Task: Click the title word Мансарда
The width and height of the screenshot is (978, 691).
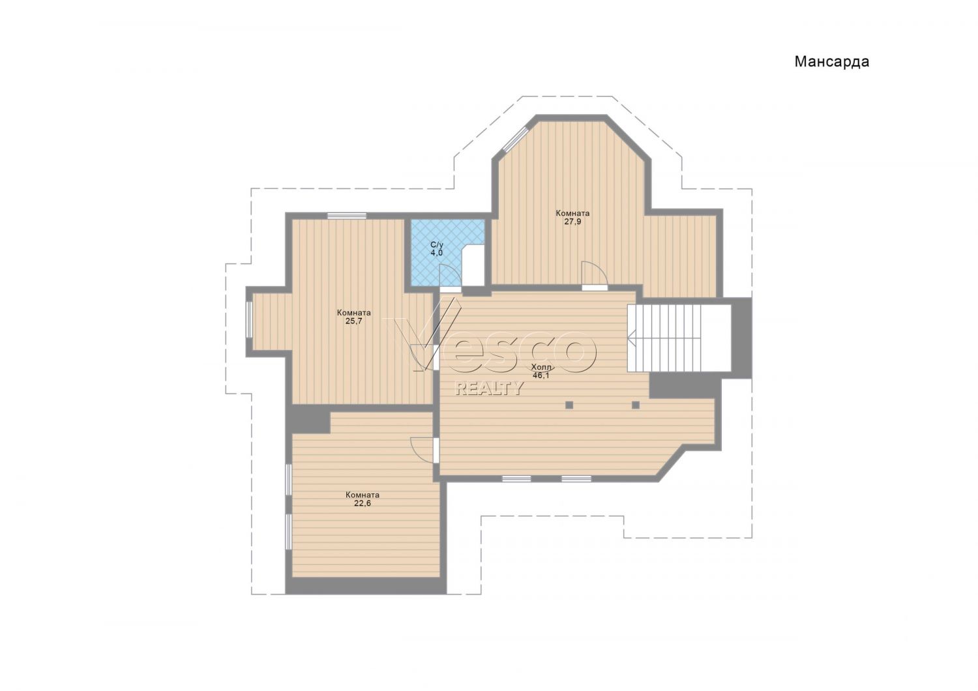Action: (832, 62)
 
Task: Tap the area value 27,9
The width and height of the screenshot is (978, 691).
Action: (572, 221)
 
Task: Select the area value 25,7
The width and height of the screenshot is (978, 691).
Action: (353, 321)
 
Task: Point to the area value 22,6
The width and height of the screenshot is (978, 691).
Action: (363, 503)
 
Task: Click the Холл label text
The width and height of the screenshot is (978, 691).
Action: (541, 366)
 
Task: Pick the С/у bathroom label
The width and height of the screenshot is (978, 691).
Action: (437, 245)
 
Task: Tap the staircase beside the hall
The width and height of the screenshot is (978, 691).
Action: (679, 338)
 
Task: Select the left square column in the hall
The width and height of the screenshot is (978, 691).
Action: (569, 405)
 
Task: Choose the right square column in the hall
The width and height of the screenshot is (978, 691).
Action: (636, 405)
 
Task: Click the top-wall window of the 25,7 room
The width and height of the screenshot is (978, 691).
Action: (347, 215)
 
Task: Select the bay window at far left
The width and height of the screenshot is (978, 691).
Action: (249, 319)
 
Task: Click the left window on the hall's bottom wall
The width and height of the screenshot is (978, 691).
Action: (516, 478)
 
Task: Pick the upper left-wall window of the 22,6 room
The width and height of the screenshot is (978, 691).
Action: (289, 479)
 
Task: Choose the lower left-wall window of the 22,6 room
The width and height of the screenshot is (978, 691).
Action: (289, 532)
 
